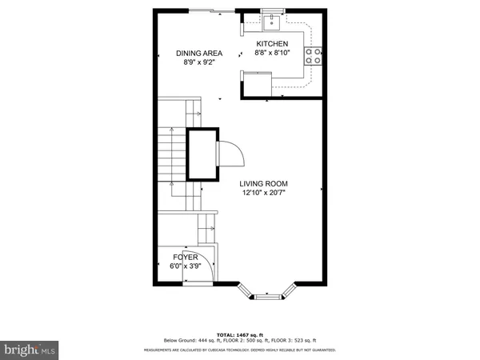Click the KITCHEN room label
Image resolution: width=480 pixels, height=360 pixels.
click(x=272, y=43)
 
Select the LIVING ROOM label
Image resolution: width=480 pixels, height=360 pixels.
click(x=263, y=183)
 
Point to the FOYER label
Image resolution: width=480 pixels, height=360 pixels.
click(x=185, y=257)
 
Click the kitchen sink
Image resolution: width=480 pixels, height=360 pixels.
click(x=273, y=19)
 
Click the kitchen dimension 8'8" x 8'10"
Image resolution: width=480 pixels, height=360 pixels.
click(x=272, y=53)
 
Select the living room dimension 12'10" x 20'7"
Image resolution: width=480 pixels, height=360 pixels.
click(x=263, y=193)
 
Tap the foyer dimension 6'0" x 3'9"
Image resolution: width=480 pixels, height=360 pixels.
click(x=185, y=266)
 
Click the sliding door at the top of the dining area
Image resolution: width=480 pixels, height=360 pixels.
click(x=213, y=10)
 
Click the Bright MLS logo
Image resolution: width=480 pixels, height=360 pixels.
click(x=30, y=349)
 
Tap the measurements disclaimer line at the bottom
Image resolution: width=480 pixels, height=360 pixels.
click(x=239, y=350)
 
